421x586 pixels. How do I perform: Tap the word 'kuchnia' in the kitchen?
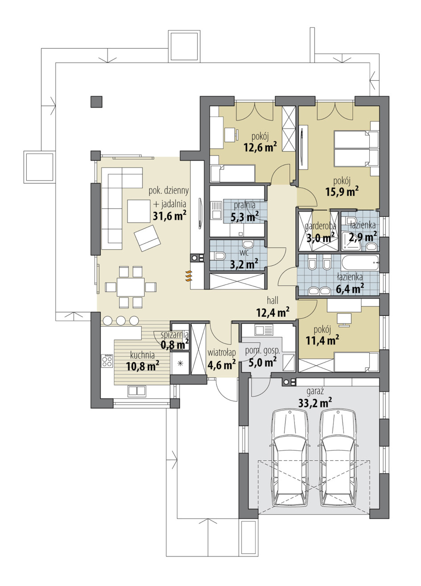[x=142, y=355]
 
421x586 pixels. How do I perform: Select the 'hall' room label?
[x=272, y=301]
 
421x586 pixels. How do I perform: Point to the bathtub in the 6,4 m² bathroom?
[x=360, y=262]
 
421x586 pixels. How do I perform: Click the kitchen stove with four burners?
[x=107, y=361]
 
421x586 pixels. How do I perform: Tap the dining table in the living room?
[x=131, y=287]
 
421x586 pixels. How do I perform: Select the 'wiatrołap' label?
[x=222, y=353]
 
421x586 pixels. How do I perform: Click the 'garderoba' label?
[x=321, y=225]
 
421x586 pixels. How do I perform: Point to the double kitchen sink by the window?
[x=137, y=391]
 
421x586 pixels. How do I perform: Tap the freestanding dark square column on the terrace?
[x=96, y=102]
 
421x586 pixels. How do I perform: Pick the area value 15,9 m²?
[x=342, y=191]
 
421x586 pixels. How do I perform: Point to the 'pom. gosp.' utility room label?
[x=262, y=351]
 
